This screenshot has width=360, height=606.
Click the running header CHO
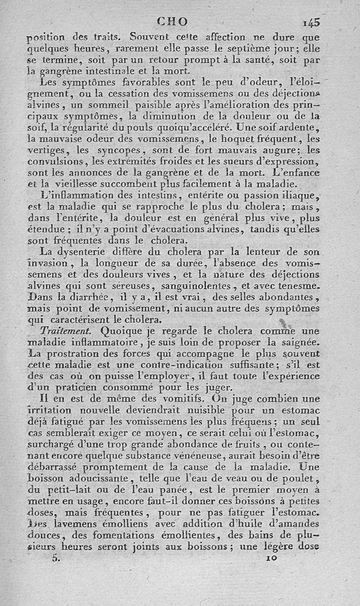click(x=172, y=21)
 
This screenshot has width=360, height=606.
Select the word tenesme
click(x=297, y=286)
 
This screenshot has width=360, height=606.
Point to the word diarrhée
click(x=101, y=297)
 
